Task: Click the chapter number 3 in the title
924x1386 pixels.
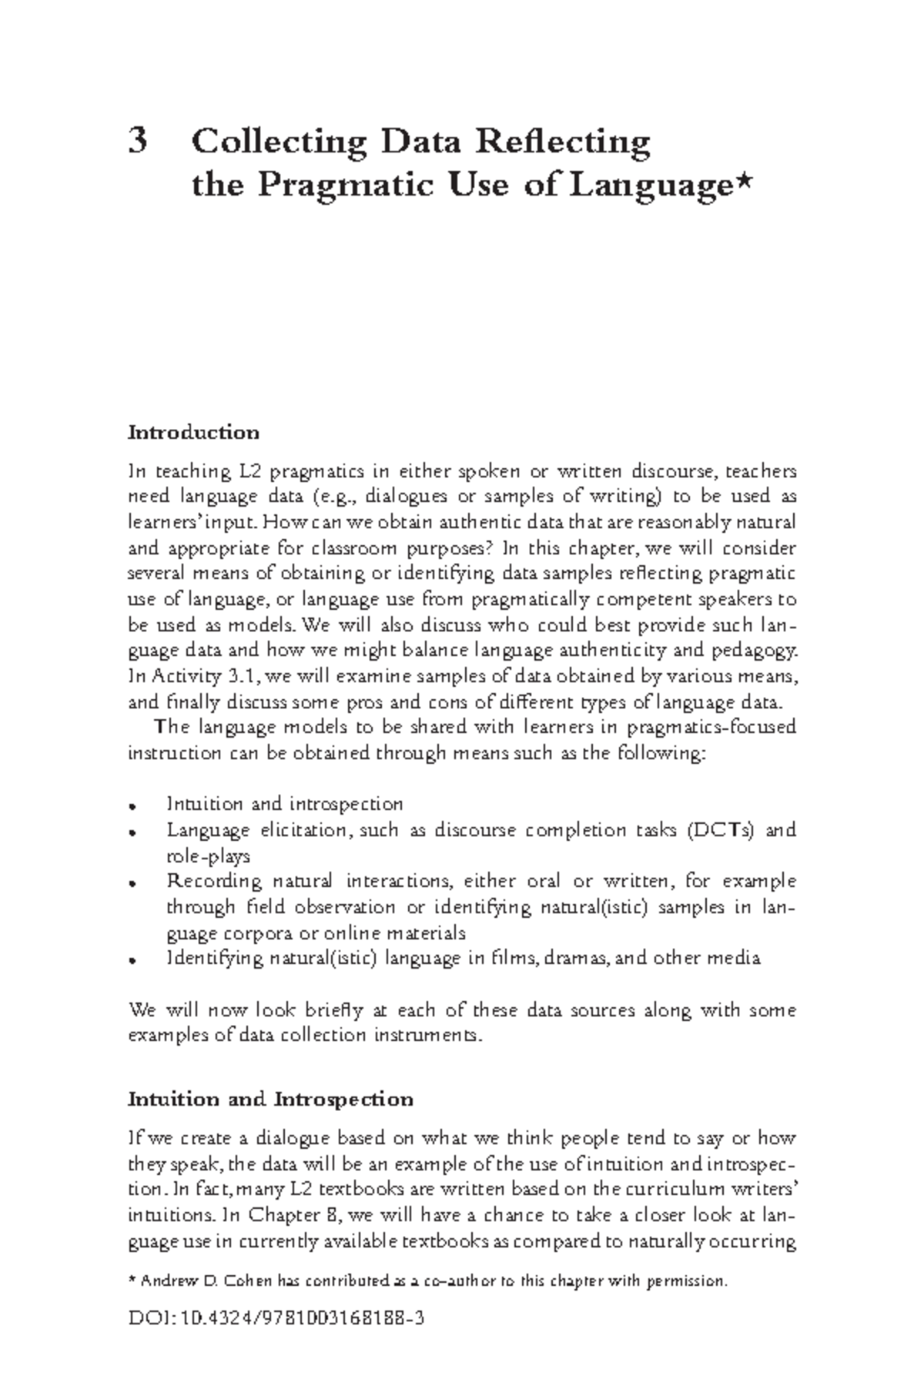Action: click(138, 142)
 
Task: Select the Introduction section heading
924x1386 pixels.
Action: click(193, 432)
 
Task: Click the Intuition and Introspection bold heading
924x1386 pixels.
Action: click(270, 1099)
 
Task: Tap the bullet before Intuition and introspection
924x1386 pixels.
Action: click(133, 806)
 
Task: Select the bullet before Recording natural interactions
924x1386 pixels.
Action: click(133, 883)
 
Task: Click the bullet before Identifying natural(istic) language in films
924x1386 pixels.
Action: click(133, 960)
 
